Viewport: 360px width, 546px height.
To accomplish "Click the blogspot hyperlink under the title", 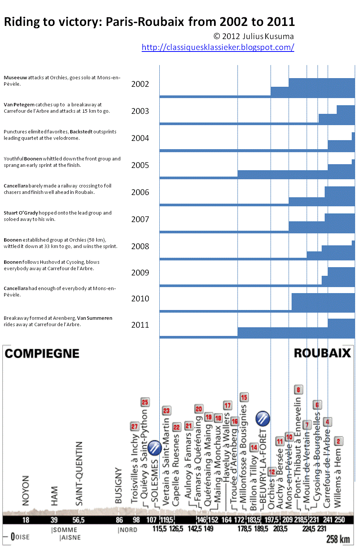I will (218, 47).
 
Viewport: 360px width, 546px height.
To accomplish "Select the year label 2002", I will (140, 84).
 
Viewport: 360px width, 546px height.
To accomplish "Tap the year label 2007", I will (140, 219).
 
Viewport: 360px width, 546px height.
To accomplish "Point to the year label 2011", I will (140, 325).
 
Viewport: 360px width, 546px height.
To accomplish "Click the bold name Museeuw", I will (15, 78).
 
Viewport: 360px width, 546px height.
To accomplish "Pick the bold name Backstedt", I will (81, 132).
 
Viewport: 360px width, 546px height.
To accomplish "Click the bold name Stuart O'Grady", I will (21, 213).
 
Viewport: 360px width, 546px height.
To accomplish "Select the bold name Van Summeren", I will (95, 318).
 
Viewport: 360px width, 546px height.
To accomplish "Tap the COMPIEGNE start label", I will (42, 354).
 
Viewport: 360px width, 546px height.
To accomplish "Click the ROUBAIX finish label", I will (322, 353).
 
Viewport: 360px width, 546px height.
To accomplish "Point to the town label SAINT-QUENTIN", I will (79, 473).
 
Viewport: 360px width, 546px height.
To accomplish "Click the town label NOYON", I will (26, 490).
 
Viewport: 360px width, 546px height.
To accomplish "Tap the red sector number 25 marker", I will (145, 402).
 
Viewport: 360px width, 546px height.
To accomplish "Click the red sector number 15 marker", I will (244, 397).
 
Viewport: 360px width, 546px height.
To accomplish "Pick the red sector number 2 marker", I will (338, 441).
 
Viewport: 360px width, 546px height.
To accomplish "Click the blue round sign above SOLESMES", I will (154, 448).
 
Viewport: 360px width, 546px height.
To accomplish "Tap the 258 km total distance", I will (338, 539).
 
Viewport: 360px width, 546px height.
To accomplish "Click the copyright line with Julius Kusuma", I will (254, 36).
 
